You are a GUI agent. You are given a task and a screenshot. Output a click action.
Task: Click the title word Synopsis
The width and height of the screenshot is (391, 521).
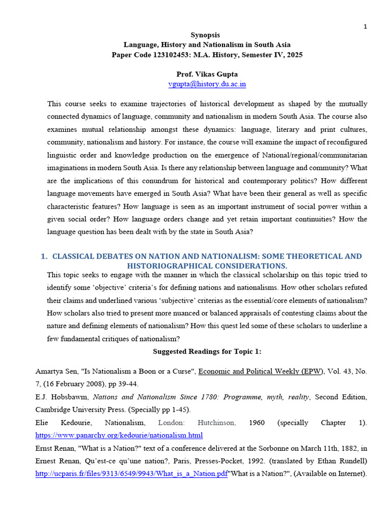tap(205, 35)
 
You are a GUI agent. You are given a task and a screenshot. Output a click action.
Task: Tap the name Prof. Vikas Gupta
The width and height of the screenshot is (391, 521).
tap(207, 74)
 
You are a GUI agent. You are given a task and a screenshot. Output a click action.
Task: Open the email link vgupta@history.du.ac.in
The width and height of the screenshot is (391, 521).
tap(207, 84)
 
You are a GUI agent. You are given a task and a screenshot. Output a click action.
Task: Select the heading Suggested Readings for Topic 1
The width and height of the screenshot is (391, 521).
tap(207, 352)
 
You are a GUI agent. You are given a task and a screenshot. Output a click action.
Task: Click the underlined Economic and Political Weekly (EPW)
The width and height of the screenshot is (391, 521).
tap(261, 371)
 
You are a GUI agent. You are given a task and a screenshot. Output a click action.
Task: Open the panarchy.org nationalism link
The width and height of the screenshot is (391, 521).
tap(119, 435)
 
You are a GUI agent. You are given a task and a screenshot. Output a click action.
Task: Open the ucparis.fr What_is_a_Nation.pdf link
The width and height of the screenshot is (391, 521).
tap(131, 474)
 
